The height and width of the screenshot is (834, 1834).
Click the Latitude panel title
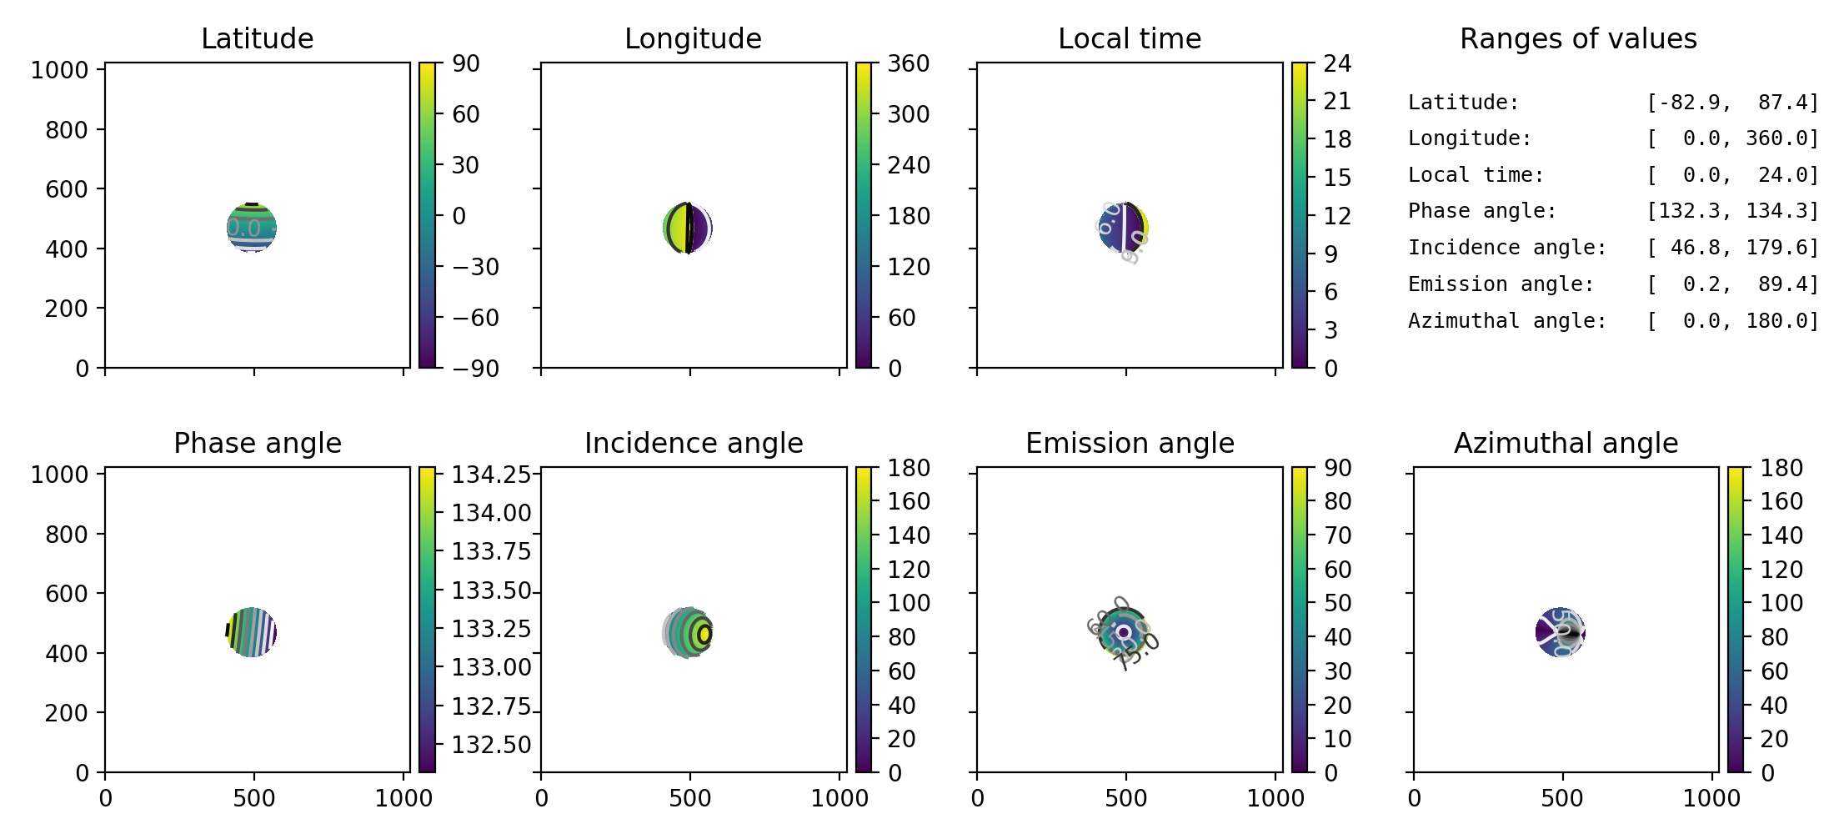pyautogui.click(x=257, y=38)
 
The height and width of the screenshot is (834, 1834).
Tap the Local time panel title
pyautogui.click(x=1129, y=38)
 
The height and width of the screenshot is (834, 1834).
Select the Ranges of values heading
pyautogui.click(x=1577, y=38)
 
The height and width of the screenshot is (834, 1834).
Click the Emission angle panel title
pyautogui.click(x=1129, y=443)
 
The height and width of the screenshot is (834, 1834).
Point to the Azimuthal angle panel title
pyautogui.click(x=1566, y=443)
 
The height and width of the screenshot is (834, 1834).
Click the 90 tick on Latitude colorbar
pyautogui.click(x=465, y=63)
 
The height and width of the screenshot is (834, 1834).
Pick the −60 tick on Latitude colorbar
pyautogui.click(x=475, y=318)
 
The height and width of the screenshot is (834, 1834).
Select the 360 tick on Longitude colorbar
pyautogui.click(x=908, y=63)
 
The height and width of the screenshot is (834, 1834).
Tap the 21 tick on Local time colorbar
pyautogui.click(x=1337, y=101)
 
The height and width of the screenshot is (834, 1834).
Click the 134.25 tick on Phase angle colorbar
pyautogui.click(x=491, y=475)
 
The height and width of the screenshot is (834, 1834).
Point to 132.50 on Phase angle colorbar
pyautogui.click(x=491, y=744)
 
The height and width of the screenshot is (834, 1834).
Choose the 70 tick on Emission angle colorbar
pyautogui.click(x=1337, y=535)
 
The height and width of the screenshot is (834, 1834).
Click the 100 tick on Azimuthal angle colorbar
pyautogui.click(x=1781, y=603)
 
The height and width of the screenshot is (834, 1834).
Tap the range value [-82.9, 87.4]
pyautogui.click(x=1731, y=103)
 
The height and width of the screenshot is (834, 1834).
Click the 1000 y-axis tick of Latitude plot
pyautogui.click(x=59, y=70)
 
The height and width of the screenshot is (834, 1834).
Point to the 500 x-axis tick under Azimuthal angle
pyautogui.click(x=1561, y=798)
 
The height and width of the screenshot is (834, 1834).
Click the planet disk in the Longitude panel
pyautogui.click(x=688, y=228)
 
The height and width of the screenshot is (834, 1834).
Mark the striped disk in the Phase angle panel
pyautogui.click(x=252, y=632)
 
